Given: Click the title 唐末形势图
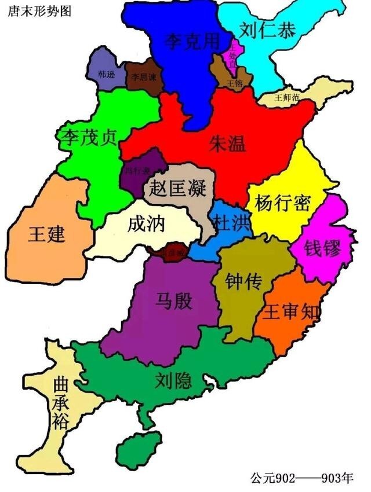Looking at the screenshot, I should (39, 11).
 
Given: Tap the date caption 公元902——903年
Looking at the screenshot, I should (302, 478).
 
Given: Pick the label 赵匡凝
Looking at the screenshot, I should (177, 188).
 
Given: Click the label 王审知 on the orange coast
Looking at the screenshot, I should (292, 313).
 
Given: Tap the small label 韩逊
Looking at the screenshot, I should (107, 75).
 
